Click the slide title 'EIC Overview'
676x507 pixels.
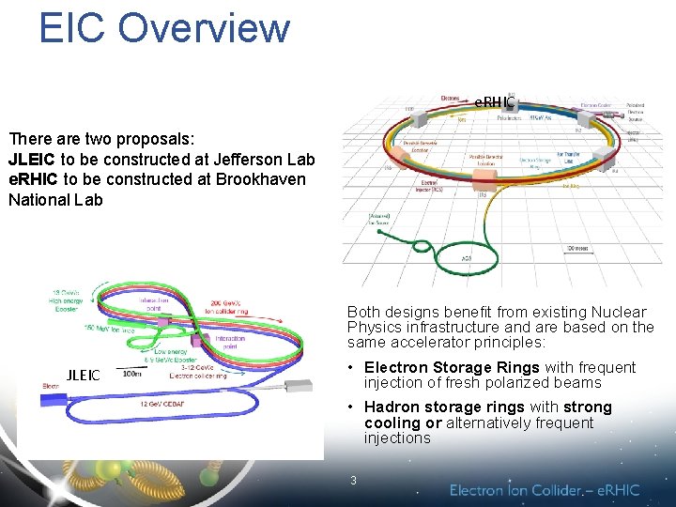point(164,27)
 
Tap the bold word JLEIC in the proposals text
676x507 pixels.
point(32,160)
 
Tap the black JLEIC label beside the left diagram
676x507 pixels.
point(83,376)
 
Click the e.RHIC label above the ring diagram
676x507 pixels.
point(494,100)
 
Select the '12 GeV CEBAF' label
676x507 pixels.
point(162,403)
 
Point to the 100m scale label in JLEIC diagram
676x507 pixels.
point(133,373)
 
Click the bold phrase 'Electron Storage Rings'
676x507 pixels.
point(452,367)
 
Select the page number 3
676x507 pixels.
point(353,481)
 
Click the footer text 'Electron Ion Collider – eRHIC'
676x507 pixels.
point(545,489)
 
